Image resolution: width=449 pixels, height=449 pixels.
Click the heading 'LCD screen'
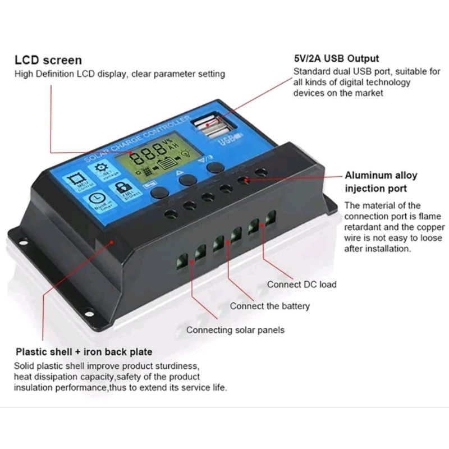coord(48,60)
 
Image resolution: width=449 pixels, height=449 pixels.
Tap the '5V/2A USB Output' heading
coord(336,58)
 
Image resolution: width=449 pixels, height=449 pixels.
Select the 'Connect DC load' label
coord(301,284)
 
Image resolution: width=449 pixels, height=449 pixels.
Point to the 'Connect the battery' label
coord(269,306)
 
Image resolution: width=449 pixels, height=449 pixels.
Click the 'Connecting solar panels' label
coord(235,330)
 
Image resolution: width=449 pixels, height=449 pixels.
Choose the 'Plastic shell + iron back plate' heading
coord(83,352)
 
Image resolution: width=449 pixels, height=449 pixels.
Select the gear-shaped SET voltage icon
coord(101,169)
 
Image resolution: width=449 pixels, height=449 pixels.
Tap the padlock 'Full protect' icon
coord(125,188)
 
